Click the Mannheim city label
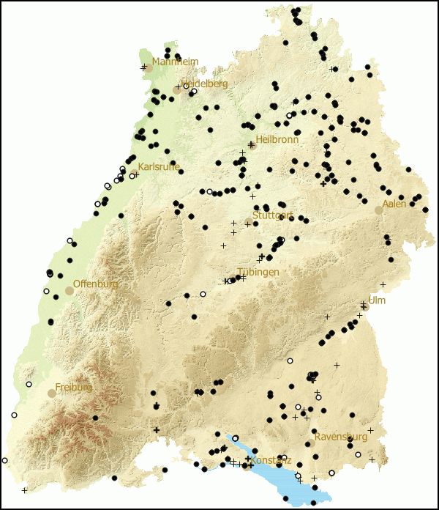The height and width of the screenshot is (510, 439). coord(176,62)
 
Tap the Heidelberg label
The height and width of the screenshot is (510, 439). coord(206,84)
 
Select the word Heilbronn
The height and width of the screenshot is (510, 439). coord(277,139)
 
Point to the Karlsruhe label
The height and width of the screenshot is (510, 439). coord(159,167)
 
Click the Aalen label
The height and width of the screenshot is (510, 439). coord(394,204)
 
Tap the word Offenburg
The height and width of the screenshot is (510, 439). coord(95,284)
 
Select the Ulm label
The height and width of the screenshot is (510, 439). coord(377,300)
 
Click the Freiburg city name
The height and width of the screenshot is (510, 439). coord(74,387)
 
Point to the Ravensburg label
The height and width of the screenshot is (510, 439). coord(341,437)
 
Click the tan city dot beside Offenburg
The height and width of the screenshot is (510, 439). coord(70,291)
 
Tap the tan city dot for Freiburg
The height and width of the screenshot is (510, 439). coord(52,393)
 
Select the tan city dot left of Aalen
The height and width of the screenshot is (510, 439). coord(378,210)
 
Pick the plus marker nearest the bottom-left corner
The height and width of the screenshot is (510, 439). coord(25,489)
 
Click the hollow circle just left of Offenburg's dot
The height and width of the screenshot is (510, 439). coord(46,291)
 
